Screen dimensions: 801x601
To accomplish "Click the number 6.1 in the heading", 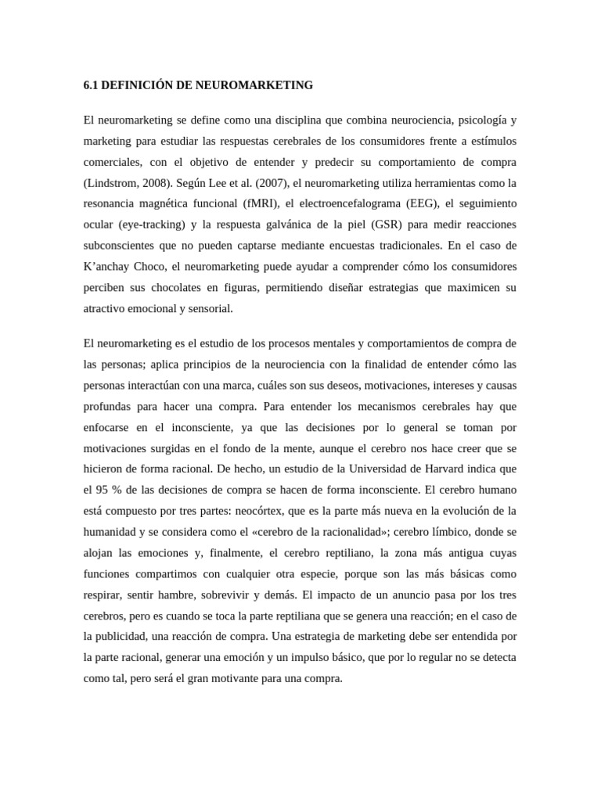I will pos(91,84).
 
